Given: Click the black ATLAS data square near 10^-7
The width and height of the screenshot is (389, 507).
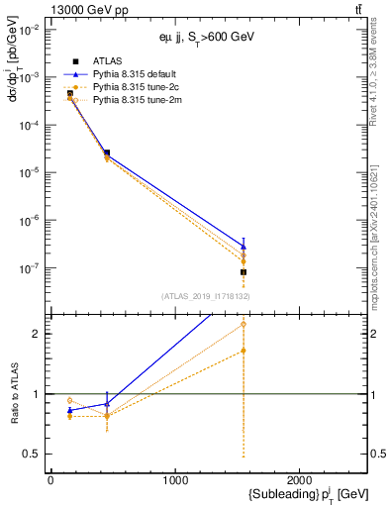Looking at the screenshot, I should click(x=243, y=271).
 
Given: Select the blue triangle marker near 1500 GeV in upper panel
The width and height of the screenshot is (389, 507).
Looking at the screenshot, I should click(x=243, y=247).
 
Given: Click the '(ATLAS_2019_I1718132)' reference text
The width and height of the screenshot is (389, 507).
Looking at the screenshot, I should click(x=206, y=296).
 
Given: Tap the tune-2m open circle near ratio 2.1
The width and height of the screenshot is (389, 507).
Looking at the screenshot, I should click(x=243, y=325).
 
